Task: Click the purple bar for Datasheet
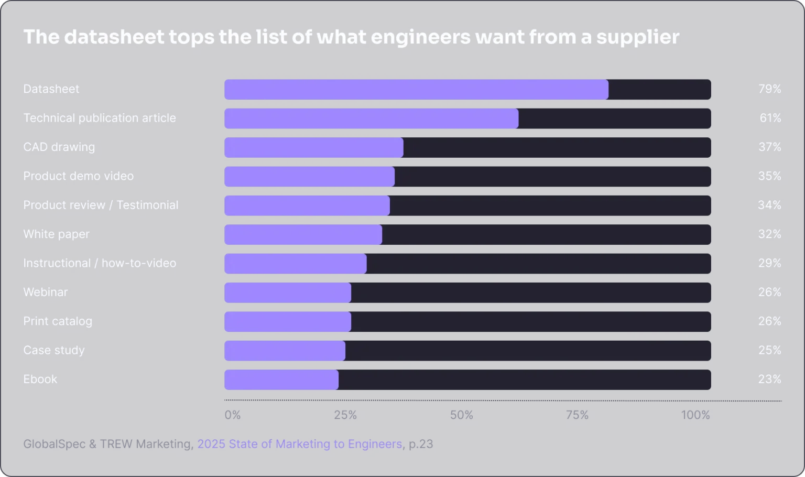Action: tap(417, 90)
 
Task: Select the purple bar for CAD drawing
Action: tap(314, 147)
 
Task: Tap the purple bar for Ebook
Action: tap(281, 380)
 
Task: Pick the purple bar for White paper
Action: tap(303, 234)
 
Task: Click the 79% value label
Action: tap(770, 89)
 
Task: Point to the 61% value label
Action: tap(770, 118)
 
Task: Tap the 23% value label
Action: tap(770, 379)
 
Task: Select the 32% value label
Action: tap(770, 234)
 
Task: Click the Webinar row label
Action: tap(46, 292)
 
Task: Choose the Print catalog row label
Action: tap(58, 321)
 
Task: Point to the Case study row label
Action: tap(54, 351)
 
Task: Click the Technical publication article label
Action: tap(100, 118)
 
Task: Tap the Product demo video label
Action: tap(78, 176)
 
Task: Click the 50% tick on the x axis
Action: tap(461, 415)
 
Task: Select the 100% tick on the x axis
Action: tap(695, 415)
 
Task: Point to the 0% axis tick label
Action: tap(233, 415)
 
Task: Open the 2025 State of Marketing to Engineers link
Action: tap(300, 445)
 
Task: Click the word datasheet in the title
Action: tap(114, 37)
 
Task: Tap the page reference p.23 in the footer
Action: tap(421, 445)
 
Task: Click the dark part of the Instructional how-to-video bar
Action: tap(539, 264)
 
